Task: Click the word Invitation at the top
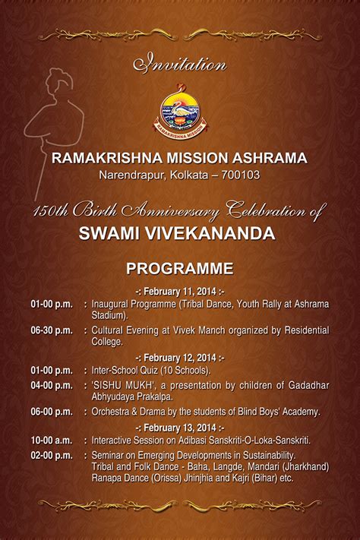(180, 63)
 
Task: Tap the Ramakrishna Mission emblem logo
(180, 112)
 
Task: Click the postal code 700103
(241, 175)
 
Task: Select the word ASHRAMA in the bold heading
(270, 158)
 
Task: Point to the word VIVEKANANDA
(210, 233)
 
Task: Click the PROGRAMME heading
(180, 269)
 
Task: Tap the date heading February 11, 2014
(180, 292)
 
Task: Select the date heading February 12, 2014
(180, 358)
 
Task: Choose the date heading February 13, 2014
(180, 428)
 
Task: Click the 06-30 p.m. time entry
(52, 330)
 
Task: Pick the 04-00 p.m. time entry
(52, 385)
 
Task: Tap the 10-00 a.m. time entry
(52, 441)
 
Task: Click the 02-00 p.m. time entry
(52, 455)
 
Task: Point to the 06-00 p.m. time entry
(52, 412)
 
